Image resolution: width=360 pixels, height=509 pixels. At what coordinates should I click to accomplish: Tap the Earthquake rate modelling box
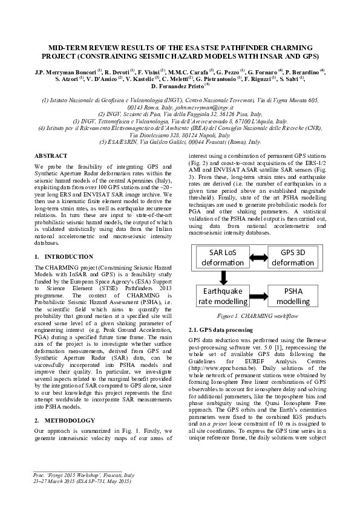coord(223,296)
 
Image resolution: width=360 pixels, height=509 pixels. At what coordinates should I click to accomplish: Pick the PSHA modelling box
coord(293,296)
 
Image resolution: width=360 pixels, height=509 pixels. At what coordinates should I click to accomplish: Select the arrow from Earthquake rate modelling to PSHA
coord(258,296)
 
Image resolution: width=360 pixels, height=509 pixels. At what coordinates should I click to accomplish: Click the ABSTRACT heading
coord(50,156)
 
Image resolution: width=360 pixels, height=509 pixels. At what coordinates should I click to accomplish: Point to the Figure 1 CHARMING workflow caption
coord(258,316)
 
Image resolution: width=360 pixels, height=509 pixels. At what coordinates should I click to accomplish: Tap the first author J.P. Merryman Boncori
coord(64,71)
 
